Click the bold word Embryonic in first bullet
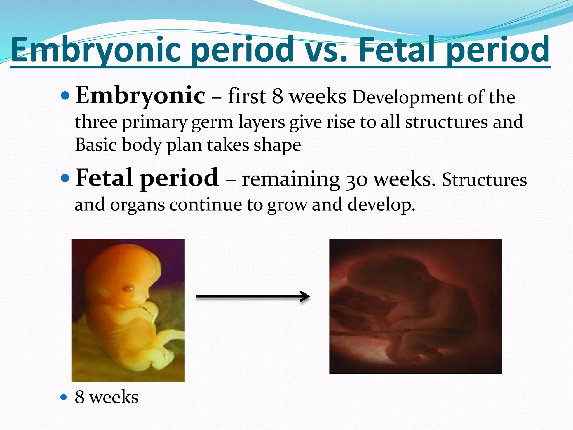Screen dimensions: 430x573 pos(140,96)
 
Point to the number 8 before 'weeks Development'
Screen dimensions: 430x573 pos(278,97)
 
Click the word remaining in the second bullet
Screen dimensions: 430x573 pos(291,180)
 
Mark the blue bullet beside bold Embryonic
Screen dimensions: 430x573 pos(65,96)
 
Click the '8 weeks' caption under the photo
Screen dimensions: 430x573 pos(106,397)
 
